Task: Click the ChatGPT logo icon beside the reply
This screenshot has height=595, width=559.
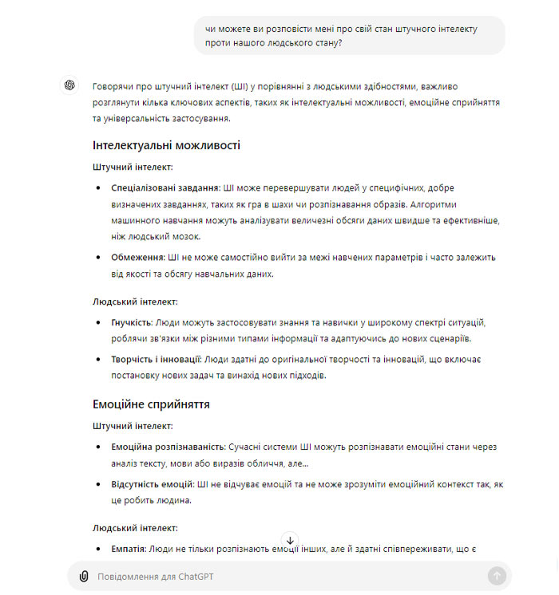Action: (69, 85)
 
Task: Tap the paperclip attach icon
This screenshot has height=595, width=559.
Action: (83, 576)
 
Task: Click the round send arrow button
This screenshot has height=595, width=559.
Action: (496, 576)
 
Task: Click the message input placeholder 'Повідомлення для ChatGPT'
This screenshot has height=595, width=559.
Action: (156, 577)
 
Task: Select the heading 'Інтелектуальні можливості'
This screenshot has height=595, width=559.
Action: (166, 145)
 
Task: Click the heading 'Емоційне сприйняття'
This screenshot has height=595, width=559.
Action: (151, 404)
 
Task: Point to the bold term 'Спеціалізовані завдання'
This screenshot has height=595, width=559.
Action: (165, 188)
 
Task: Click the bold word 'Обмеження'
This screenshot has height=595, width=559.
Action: (137, 258)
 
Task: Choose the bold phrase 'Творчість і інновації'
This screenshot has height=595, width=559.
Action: (156, 360)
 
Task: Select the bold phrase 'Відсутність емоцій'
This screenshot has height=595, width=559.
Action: (153, 484)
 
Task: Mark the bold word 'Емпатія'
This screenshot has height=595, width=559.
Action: (128, 549)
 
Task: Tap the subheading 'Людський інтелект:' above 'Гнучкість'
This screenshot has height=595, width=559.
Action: (135, 301)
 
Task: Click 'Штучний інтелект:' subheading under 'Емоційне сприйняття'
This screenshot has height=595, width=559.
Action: (133, 426)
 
